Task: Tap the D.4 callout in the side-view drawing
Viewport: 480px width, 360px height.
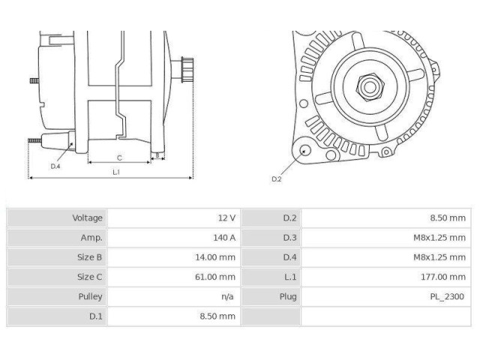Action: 55,166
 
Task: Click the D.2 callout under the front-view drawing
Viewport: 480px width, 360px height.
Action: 276,178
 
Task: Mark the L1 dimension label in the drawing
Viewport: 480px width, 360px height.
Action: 116,172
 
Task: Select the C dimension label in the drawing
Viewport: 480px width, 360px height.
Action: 119,157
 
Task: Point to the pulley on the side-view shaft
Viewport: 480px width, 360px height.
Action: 187,71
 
